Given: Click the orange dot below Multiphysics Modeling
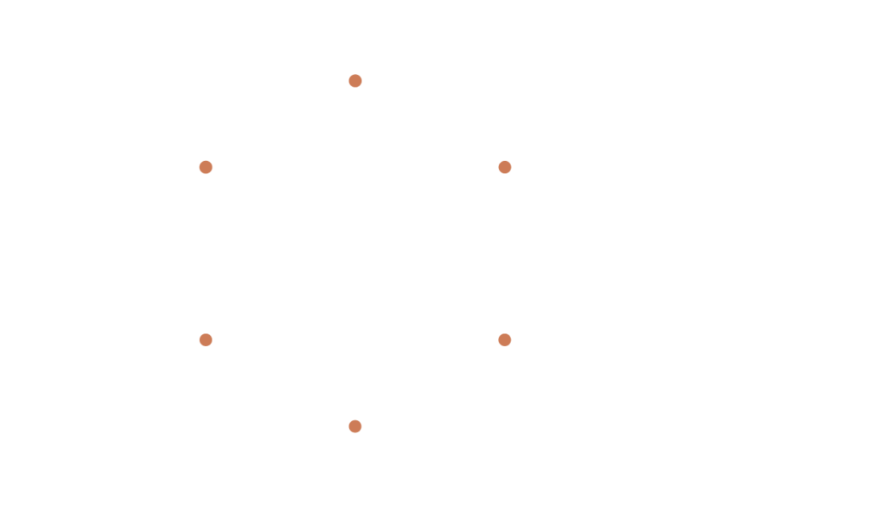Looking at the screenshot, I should (x=354, y=81).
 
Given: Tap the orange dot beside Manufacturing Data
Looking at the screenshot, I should (x=206, y=167).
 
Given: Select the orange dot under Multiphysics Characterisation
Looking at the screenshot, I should (x=505, y=167).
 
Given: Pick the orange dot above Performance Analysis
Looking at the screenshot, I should (x=505, y=339).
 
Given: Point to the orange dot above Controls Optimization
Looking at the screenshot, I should (x=354, y=425).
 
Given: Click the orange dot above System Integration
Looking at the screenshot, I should (x=206, y=339).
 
